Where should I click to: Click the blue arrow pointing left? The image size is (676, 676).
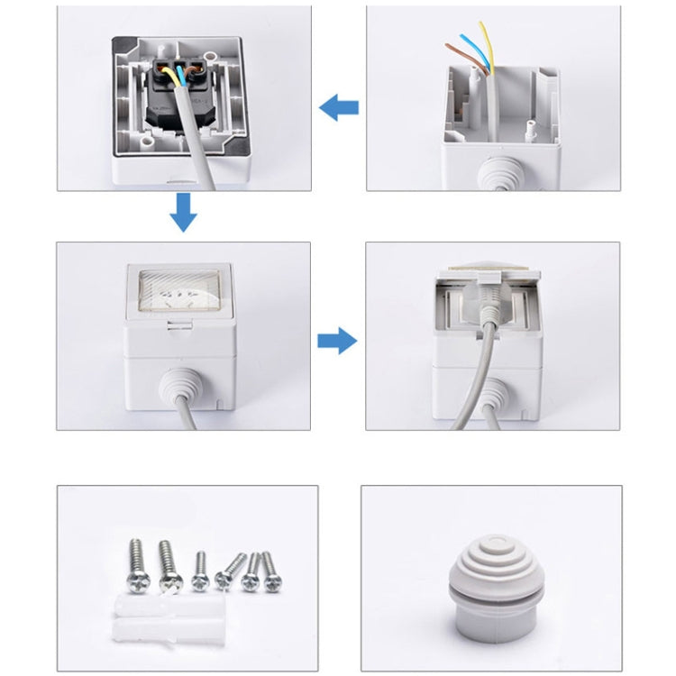[x=339, y=109]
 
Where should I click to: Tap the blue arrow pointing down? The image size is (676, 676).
[x=183, y=212]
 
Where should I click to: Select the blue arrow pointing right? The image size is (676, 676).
[x=337, y=341]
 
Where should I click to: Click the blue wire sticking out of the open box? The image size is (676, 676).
[x=474, y=49]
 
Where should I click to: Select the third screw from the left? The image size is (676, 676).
[x=201, y=571]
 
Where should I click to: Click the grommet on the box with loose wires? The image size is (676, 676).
[x=493, y=174]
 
